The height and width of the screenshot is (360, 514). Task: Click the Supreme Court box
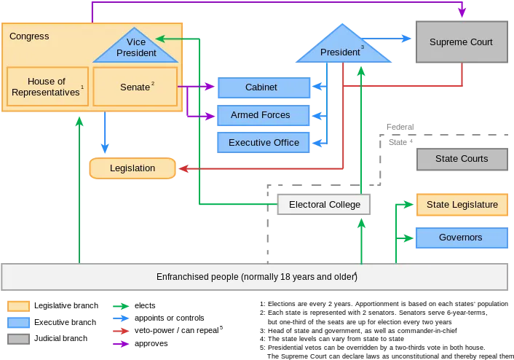point(462,42)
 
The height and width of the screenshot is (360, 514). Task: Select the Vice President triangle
point(135,48)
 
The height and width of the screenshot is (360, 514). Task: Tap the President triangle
point(343,47)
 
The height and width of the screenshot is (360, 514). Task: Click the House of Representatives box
point(47,87)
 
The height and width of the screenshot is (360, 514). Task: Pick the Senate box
point(135,87)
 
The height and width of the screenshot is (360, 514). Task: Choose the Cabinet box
point(264,87)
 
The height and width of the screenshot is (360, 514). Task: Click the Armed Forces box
point(264,115)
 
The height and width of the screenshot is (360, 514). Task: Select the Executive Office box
point(264,142)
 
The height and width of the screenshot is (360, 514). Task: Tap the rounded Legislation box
point(133,168)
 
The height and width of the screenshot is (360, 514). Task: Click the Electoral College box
point(324,205)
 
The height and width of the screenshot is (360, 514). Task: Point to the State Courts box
point(462,159)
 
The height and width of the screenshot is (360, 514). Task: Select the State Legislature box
point(462,205)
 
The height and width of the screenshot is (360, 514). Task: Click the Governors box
point(462,238)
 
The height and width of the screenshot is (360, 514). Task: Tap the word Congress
point(29,36)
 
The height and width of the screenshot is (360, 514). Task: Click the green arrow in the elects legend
point(121,306)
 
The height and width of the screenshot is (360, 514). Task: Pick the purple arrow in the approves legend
point(121,344)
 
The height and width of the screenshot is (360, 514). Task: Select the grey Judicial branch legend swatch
point(19,339)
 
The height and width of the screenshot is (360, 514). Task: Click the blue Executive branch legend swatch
point(19,322)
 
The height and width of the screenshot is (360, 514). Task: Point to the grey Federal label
point(400,127)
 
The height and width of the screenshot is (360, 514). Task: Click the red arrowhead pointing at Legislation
point(183,168)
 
